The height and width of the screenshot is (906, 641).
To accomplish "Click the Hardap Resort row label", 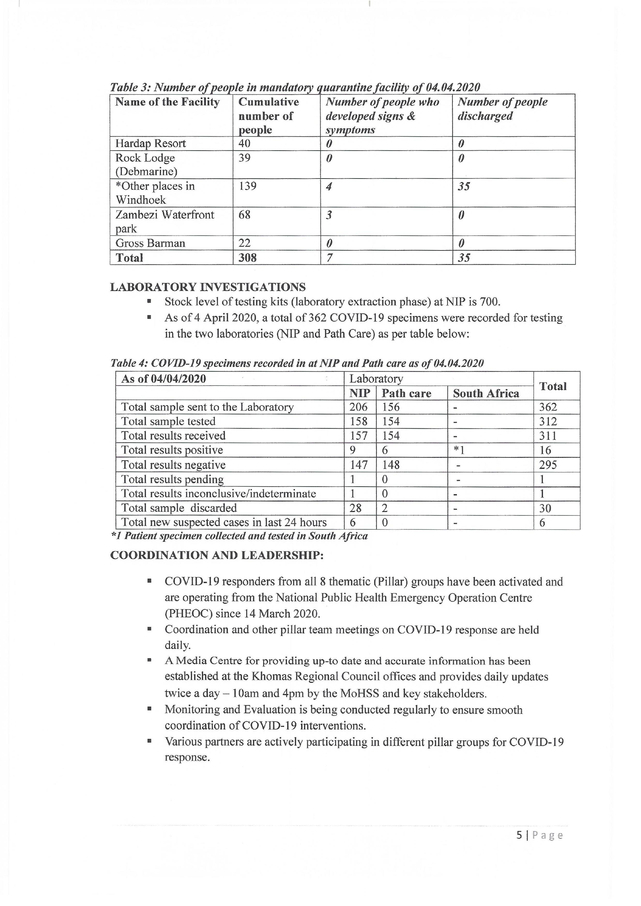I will click(150, 143).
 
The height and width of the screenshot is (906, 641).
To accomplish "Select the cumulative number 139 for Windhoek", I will click(247, 186).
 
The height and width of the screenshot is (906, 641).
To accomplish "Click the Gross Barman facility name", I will click(150, 243).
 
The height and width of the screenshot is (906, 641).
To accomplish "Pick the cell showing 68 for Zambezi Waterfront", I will click(244, 215).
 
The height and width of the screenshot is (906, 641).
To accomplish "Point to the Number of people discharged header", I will click(502, 109).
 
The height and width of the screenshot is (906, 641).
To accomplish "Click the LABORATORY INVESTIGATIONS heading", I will click(207, 287).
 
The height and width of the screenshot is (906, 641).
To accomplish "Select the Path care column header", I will click(406, 393).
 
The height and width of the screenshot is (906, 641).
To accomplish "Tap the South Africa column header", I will click(486, 393).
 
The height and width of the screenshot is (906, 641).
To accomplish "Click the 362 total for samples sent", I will click(548, 407).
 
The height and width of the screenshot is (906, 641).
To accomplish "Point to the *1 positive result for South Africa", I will click(459, 450).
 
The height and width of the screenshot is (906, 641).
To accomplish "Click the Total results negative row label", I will click(173, 465).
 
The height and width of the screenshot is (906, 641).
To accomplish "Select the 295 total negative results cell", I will click(548, 465).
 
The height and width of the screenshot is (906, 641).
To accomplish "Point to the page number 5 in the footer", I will click(519, 835).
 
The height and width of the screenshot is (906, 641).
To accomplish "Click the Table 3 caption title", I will click(294, 87).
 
